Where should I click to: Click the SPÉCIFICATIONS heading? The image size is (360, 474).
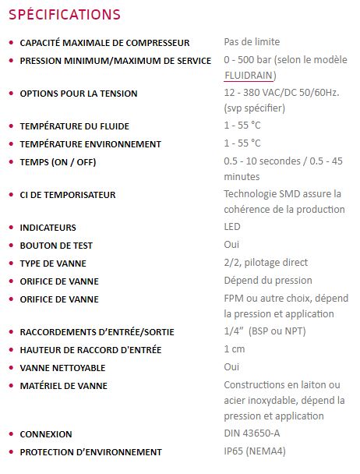(64, 15)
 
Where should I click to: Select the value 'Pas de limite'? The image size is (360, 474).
(252, 42)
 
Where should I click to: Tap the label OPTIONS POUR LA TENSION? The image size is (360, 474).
(79, 94)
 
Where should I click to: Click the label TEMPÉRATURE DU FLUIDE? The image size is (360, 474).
(75, 126)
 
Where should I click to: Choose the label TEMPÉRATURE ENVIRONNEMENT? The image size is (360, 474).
(90, 143)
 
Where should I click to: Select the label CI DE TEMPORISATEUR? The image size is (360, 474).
(68, 194)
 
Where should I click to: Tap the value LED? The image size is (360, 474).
(232, 227)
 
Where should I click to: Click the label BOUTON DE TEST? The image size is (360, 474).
(57, 245)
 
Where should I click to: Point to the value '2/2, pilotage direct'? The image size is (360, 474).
(266, 263)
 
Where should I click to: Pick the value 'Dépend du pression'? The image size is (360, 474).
(268, 281)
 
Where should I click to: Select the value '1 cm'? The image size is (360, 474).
(235, 349)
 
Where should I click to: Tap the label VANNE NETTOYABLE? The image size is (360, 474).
(62, 367)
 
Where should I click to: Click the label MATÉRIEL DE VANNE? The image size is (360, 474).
(64, 385)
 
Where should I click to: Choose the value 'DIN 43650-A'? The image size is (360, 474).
(252, 433)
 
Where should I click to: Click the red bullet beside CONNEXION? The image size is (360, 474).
(10, 434)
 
